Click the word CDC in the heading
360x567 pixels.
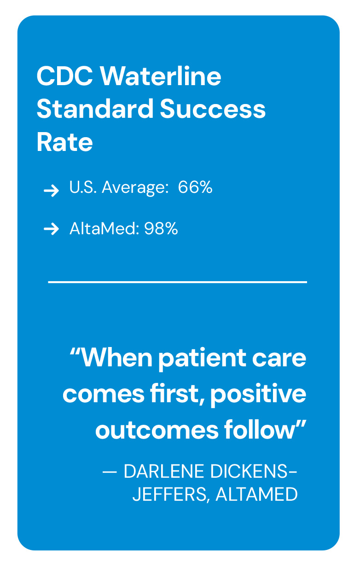tap(65, 76)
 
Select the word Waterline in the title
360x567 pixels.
tap(161, 75)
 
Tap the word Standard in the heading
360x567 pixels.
tap(95, 108)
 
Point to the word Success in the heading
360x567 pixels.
tap(213, 109)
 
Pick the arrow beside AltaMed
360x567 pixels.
tap(52, 229)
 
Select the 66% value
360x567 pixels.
tap(195, 187)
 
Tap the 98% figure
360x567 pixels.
tap(161, 229)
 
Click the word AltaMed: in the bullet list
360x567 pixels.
tap(105, 229)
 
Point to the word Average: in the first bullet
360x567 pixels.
tap(135, 188)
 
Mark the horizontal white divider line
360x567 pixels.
tap(178, 282)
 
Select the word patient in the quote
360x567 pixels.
tap(202, 359)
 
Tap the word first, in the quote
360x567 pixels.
tap(177, 394)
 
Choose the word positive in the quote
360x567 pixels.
tap(258, 395)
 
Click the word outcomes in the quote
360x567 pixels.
tap(157, 430)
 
